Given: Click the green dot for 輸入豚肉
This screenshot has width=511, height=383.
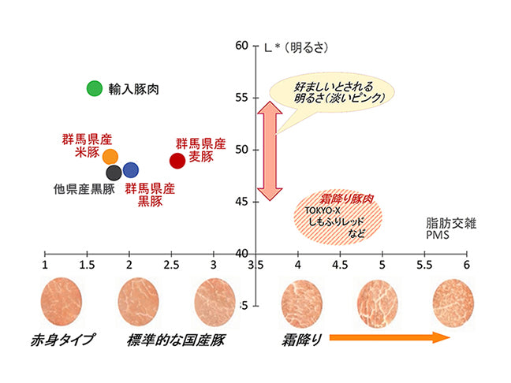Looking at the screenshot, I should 95,88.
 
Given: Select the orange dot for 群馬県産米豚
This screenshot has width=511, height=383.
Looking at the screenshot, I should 110,156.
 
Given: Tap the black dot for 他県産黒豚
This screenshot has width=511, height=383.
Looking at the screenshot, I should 114,172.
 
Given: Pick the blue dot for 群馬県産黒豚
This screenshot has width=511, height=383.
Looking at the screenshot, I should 131,169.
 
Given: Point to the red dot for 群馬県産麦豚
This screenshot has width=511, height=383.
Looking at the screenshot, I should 177,160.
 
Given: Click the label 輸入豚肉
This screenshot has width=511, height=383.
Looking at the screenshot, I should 135,90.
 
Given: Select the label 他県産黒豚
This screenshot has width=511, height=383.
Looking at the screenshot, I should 84,189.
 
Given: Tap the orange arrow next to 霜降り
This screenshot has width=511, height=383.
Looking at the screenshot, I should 389,338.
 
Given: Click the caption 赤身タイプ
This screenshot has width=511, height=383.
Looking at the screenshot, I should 63,340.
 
